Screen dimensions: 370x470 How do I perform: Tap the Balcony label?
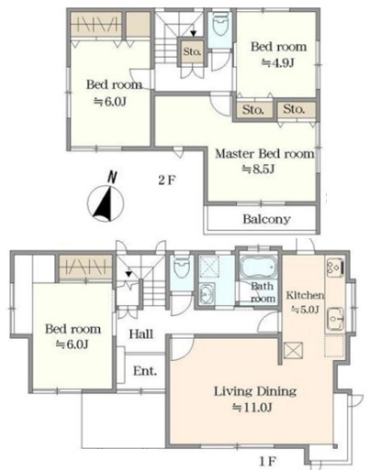pyautogui.click(x=266, y=219)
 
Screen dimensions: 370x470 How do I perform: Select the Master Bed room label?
pyautogui.click(x=264, y=154)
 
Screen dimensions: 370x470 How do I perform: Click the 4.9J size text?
pyautogui.click(x=278, y=63)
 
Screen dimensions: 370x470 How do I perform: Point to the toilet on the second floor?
pyautogui.click(x=220, y=24)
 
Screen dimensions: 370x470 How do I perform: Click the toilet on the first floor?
pyautogui.click(x=182, y=268)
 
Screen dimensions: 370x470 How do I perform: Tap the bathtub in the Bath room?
pyautogui.click(x=259, y=268)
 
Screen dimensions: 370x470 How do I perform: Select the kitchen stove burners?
pyautogui.click(x=335, y=268)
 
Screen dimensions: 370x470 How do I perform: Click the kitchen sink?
pyautogui.click(x=335, y=319)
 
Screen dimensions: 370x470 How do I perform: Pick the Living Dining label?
pyautogui.click(x=255, y=391)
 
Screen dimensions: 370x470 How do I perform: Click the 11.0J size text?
pyautogui.click(x=252, y=407)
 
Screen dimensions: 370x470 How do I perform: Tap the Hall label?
pyautogui.click(x=140, y=334)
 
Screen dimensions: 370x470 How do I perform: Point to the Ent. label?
pyautogui.click(x=145, y=371)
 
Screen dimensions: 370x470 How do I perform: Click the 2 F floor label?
pyautogui.click(x=167, y=180)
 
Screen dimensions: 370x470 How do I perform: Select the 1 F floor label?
pyautogui.click(x=268, y=461)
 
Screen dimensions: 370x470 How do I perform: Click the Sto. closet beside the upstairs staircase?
pyautogui.click(x=192, y=51)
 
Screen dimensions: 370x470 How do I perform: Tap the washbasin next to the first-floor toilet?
pyautogui.click(x=207, y=293)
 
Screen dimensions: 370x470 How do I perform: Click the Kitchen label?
pyautogui.click(x=305, y=295)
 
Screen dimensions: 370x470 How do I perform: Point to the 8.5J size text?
pyautogui.click(x=258, y=169)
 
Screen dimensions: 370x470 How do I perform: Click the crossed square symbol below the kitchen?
pyautogui.click(x=293, y=350)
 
